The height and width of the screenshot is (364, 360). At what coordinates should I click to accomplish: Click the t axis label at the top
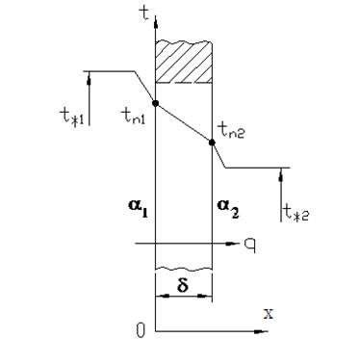pos(145,13)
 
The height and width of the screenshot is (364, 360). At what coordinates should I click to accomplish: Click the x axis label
pos(269,314)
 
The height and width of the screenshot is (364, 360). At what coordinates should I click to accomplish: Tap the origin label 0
pos(141,330)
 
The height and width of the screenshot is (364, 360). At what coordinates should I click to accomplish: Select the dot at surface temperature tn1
pos(155,103)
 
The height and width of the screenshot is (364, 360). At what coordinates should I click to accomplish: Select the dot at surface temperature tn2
pos(212,143)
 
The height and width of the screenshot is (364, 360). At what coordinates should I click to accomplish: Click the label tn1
pos(133,116)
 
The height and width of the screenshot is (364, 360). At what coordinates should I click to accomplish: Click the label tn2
pos(231,131)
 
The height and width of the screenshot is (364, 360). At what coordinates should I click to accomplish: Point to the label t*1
pos(71,117)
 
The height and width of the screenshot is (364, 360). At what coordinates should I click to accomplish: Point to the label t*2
pos(296,212)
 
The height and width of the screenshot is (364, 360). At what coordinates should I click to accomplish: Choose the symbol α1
pos(138,209)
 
